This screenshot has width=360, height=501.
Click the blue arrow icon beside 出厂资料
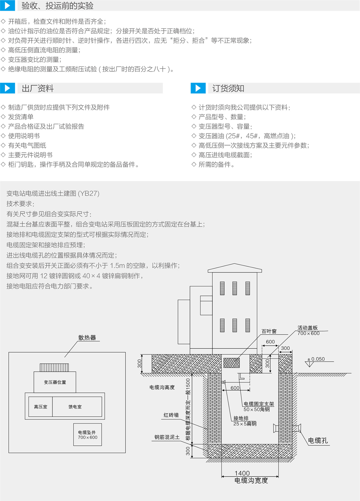[7, 88]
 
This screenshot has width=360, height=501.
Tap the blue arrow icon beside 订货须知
[198, 88]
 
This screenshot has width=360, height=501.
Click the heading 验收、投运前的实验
[57, 6]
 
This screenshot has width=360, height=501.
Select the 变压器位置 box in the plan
[55, 382]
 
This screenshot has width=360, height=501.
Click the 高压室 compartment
[40, 407]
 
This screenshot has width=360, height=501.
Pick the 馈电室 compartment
[75, 407]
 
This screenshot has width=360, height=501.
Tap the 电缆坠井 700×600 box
[87, 435]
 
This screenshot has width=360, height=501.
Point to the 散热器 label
[87, 338]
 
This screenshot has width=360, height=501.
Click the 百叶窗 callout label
[269, 331]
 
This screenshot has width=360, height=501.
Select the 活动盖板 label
[307, 328]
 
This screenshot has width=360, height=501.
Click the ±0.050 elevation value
[316, 359]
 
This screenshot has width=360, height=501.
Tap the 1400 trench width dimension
[242, 473]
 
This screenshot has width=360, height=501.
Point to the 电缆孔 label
[318, 441]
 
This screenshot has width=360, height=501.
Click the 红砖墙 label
[171, 415]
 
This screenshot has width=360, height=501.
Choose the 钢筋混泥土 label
[167, 437]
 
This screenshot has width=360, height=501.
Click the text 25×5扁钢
[245, 424]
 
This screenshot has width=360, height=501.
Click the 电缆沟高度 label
[162, 387]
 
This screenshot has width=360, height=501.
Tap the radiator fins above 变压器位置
[54, 367]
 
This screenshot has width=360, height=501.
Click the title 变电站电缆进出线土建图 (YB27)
[53, 193]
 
